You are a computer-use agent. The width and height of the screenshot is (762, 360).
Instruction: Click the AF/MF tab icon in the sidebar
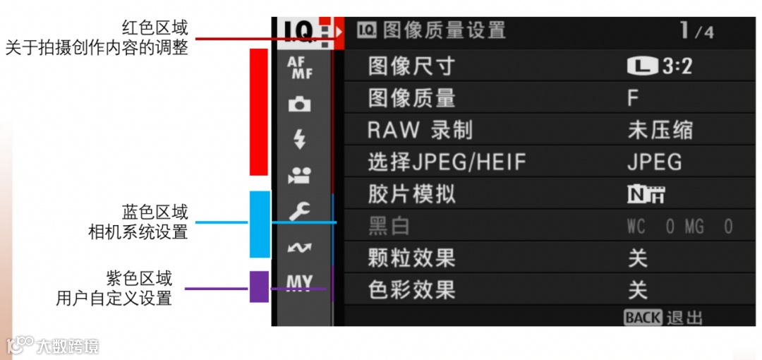tap(299, 68)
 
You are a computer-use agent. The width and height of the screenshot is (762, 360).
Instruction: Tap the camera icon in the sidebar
tap(299, 104)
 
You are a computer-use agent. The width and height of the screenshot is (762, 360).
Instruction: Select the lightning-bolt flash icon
tap(299, 140)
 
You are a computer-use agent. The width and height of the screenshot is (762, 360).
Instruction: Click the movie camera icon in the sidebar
tap(299, 176)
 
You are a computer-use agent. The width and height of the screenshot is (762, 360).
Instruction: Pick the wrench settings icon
tap(299, 211)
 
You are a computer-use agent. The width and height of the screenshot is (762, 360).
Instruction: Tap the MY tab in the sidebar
tap(299, 282)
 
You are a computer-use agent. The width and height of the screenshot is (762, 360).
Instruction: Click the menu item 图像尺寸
tap(411, 66)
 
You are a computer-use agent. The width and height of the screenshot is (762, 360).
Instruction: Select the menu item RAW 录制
tap(420, 131)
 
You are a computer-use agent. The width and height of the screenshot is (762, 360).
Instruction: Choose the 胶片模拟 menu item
tap(411, 194)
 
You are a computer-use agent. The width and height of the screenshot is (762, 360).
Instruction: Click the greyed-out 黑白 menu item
tap(389, 227)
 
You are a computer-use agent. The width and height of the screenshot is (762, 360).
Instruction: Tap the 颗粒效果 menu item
tap(411, 258)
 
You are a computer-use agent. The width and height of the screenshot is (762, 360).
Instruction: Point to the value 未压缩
tap(660, 131)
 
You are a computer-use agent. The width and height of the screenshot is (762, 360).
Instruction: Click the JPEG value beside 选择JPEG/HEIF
tap(654, 162)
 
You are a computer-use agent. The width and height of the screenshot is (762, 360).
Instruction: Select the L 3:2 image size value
tap(659, 66)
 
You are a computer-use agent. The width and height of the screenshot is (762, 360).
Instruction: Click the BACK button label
tap(643, 318)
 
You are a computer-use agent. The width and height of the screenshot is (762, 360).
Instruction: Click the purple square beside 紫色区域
tap(259, 287)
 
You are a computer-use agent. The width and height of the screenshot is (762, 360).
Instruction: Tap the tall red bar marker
tap(259, 112)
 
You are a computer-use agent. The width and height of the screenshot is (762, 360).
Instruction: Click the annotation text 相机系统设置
tap(138, 232)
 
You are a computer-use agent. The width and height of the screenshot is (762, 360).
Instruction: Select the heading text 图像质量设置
tap(445, 30)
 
